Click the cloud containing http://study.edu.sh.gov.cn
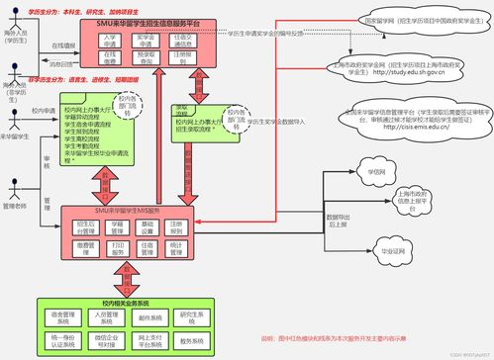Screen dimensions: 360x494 click(x=401, y=66)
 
